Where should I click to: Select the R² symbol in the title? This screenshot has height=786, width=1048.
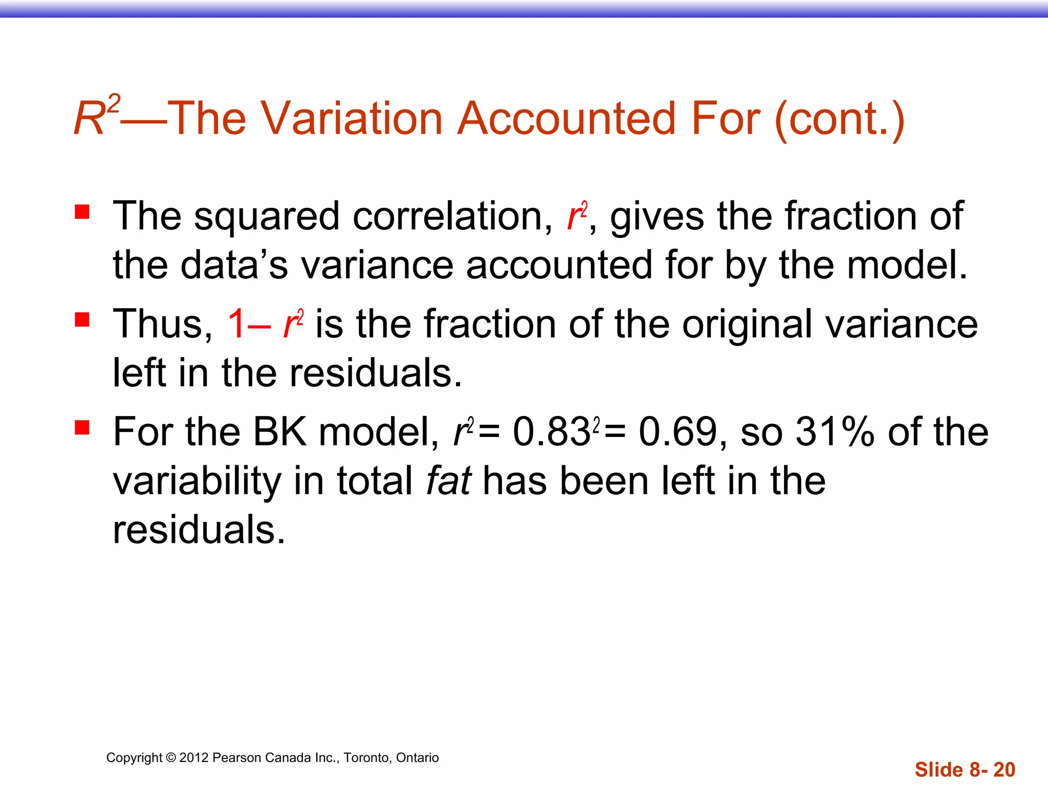96,116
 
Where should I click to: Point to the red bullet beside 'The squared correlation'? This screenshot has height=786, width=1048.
82,212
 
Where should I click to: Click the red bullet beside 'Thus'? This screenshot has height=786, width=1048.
82,320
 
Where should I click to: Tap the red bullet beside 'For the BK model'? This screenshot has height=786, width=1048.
82,427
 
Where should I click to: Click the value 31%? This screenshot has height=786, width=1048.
835,432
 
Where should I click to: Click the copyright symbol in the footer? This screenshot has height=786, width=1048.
171,758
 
